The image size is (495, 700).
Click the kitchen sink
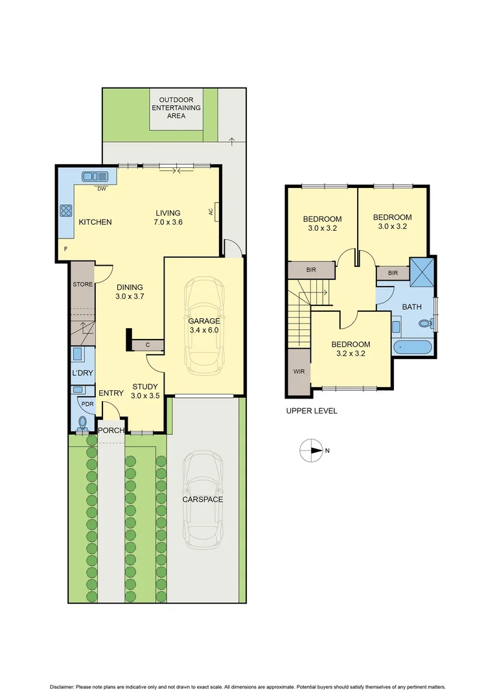[x=95, y=176]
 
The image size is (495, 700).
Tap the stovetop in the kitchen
[x=66, y=210]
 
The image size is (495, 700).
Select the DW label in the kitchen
[x=102, y=189]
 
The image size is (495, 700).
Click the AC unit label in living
[x=211, y=211]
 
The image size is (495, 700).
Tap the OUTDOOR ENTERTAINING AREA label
[x=176, y=108]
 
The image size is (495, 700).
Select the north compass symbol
[x=312, y=450]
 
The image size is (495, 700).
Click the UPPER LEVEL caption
[x=312, y=411]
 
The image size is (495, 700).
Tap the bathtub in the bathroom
[x=411, y=347]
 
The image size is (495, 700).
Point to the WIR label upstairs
[x=299, y=371]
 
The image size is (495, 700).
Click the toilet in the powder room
[x=82, y=423]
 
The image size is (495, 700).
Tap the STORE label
[x=82, y=284]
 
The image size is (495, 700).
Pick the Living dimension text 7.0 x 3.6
[x=167, y=222]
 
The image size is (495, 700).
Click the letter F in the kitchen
[x=65, y=249]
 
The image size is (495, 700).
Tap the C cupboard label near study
[x=148, y=345]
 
